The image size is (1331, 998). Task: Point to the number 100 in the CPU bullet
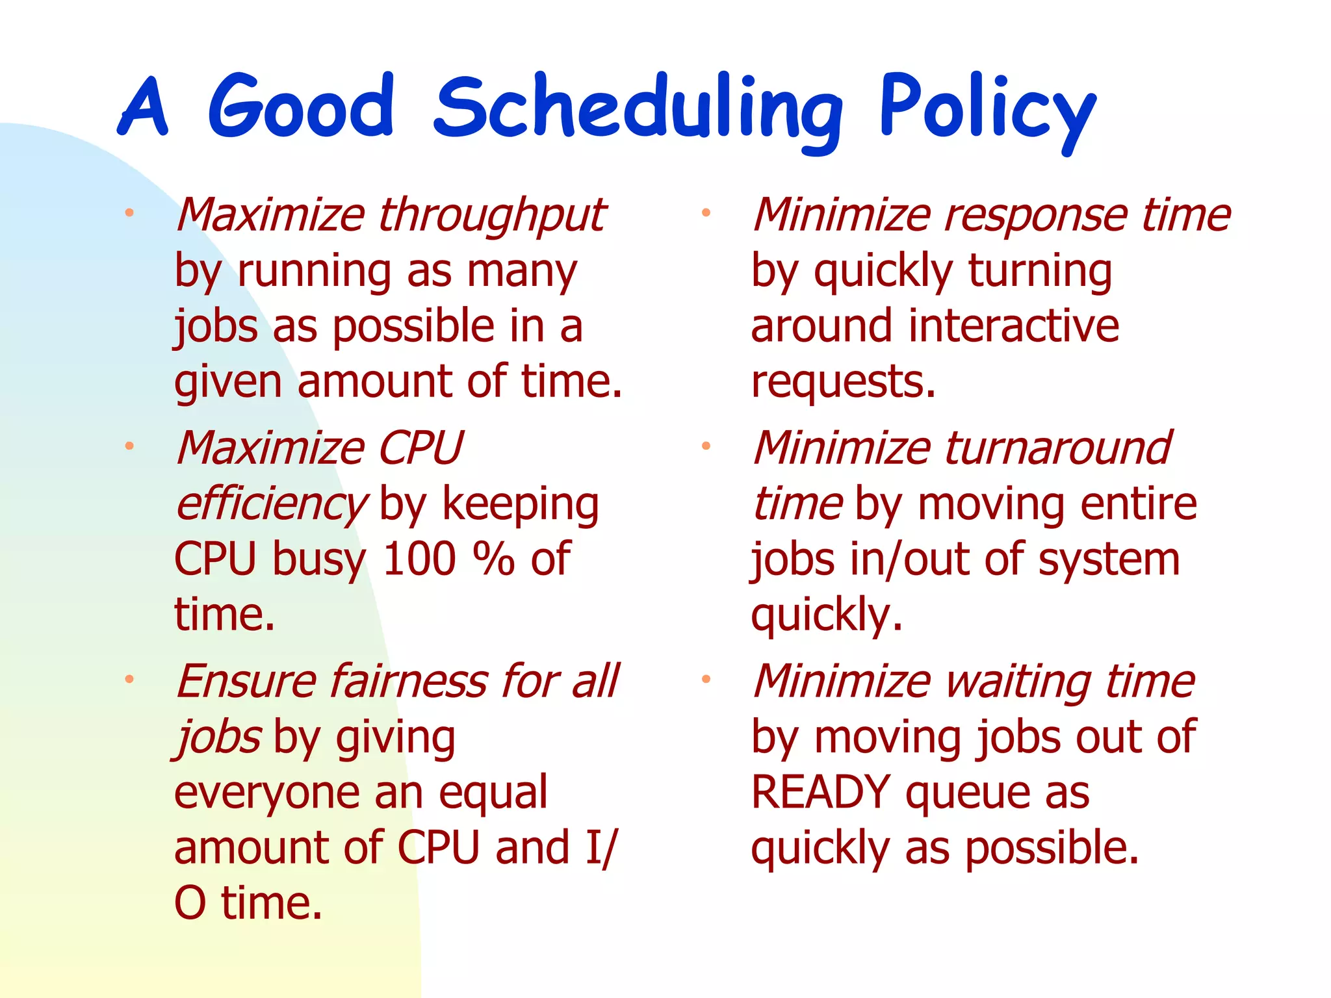pyautogui.click(x=419, y=559)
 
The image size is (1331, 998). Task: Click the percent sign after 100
pyautogui.click(x=493, y=559)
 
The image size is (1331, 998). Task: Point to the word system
pyautogui.click(x=1109, y=559)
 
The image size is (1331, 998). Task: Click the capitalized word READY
pyautogui.click(x=820, y=793)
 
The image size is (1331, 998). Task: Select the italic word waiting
pyautogui.click(x=1018, y=682)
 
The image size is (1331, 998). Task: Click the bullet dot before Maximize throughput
pyautogui.click(x=129, y=213)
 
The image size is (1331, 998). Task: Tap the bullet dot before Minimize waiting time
pyautogui.click(x=706, y=680)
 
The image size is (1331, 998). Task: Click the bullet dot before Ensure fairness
pyautogui.click(x=129, y=680)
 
